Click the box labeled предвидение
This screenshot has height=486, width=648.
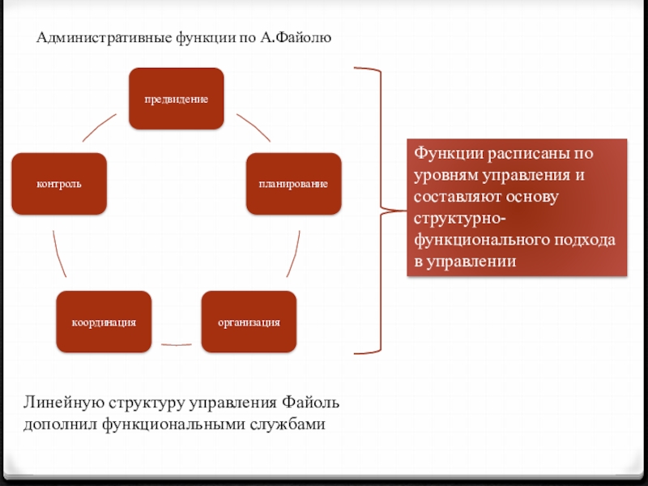(177, 99)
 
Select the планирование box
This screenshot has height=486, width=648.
(293, 184)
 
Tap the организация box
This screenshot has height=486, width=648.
(249, 322)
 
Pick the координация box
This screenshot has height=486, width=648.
(104, 322)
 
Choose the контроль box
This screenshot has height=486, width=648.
(59, 184)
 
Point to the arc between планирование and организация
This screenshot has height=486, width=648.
(294, 255)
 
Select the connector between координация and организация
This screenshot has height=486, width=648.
(177, 344)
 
